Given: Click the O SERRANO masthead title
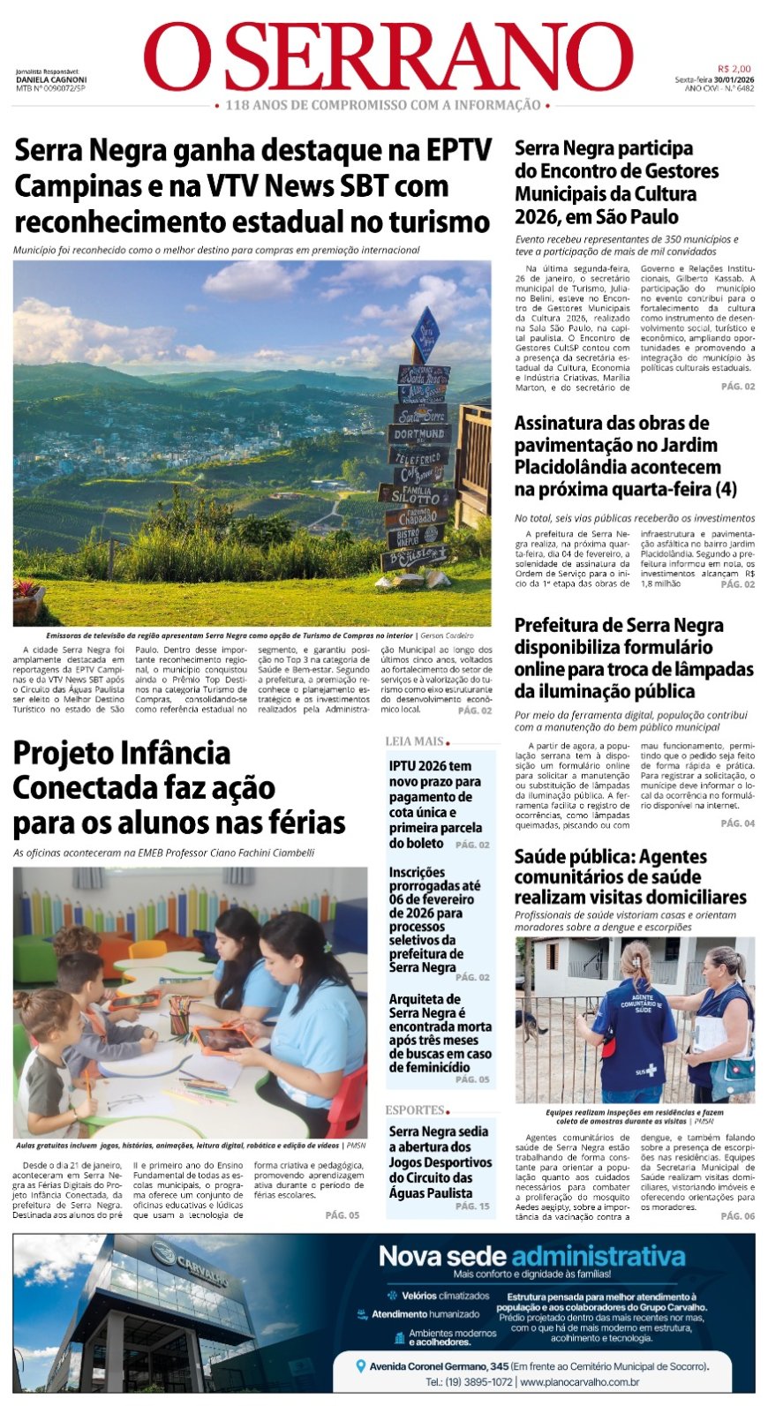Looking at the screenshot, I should (x=388, y=57).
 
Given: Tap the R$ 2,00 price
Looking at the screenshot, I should (x=734, y=69).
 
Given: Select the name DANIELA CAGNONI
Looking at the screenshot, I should (x=51, y=79).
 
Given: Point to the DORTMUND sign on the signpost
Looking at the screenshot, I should (x=419, y=434).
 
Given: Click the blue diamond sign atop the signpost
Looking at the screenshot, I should (x=425, y=335).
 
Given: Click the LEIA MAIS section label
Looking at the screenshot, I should (x=414, y=741).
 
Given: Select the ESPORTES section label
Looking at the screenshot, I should (x=415, y=1109).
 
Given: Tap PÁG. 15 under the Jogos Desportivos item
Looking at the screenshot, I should (x=472, y=1206).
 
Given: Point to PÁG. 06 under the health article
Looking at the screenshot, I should (x=737, y=1215).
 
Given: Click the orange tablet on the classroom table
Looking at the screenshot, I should (x=222, y=1039).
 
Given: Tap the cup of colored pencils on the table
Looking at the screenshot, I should (x=179, y=1015).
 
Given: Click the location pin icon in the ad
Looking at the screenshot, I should (x=360, y=1365).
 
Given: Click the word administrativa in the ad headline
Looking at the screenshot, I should (x=598, y=1256).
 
